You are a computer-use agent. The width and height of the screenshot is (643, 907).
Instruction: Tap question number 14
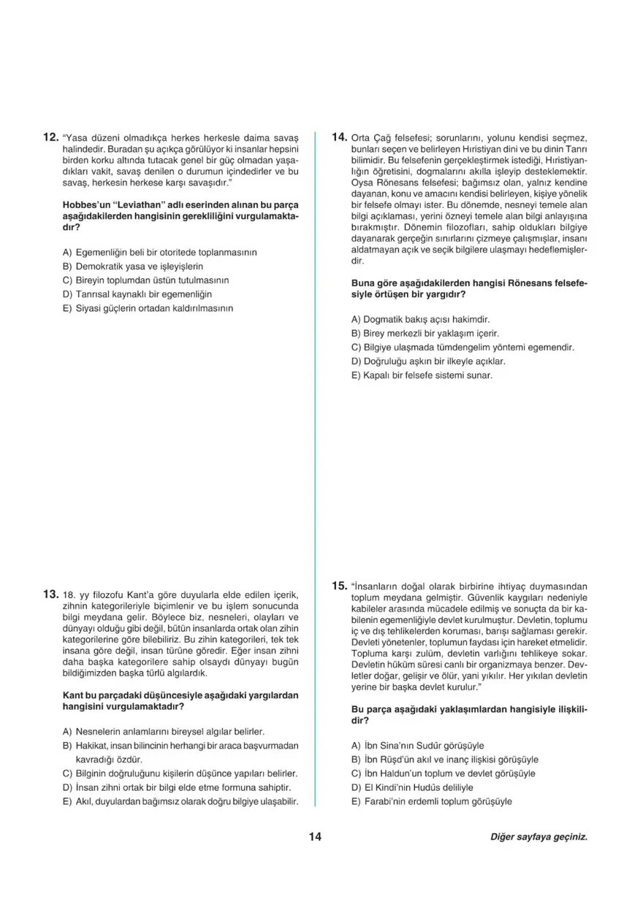(339, 136)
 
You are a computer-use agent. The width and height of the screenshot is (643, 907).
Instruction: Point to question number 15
(339, 585)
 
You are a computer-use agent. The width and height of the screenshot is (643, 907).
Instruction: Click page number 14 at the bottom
(316, 837)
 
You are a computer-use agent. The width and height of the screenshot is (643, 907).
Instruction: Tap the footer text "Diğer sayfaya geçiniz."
(539, 838)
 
